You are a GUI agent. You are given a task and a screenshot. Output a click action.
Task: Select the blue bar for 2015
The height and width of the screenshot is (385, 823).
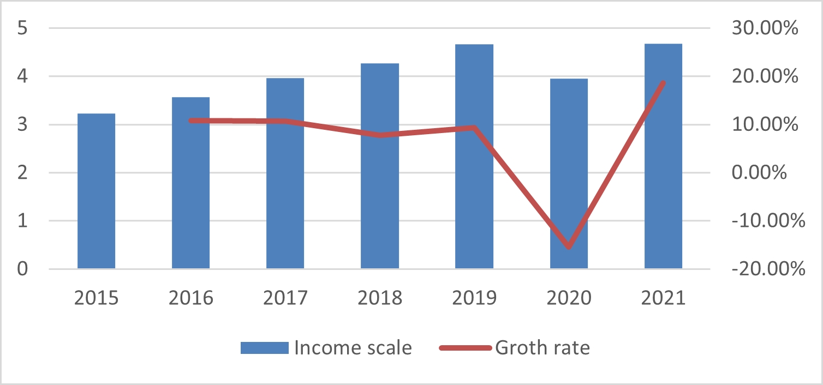coord(96,191)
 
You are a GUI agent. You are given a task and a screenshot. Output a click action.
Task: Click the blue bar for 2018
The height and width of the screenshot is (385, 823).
coord(380,166)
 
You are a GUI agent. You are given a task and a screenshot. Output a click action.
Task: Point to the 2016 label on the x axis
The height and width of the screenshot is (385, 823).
coord(191,298)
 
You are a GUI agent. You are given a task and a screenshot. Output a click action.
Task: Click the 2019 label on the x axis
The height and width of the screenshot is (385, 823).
coord(474,298)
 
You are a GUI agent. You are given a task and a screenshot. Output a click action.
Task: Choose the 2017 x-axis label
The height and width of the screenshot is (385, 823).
coord(285,298)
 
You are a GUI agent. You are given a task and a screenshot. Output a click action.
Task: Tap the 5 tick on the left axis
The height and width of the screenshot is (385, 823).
coord(22,28)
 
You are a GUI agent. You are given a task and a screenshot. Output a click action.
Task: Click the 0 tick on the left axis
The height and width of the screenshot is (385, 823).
coord(22,269)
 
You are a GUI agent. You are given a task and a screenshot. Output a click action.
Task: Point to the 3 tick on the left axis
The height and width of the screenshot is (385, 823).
coord(22,125)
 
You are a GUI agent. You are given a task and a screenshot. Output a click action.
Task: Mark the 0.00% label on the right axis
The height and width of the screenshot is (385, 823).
coord(759,173)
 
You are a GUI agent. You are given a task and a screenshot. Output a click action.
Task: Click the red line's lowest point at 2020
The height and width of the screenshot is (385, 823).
coord(569,247)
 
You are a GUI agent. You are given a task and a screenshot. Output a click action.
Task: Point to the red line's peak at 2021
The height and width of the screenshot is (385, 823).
coord(663,83)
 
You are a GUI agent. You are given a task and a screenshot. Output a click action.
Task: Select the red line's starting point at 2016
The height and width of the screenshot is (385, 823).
coord(191,121)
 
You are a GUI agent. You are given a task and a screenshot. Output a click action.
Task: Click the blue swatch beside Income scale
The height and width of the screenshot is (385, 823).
coord(264,348)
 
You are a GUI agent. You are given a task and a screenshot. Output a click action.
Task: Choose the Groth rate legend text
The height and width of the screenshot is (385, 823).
coord(542,348)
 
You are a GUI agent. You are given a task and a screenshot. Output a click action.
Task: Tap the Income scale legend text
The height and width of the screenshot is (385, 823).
coord(353,348)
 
